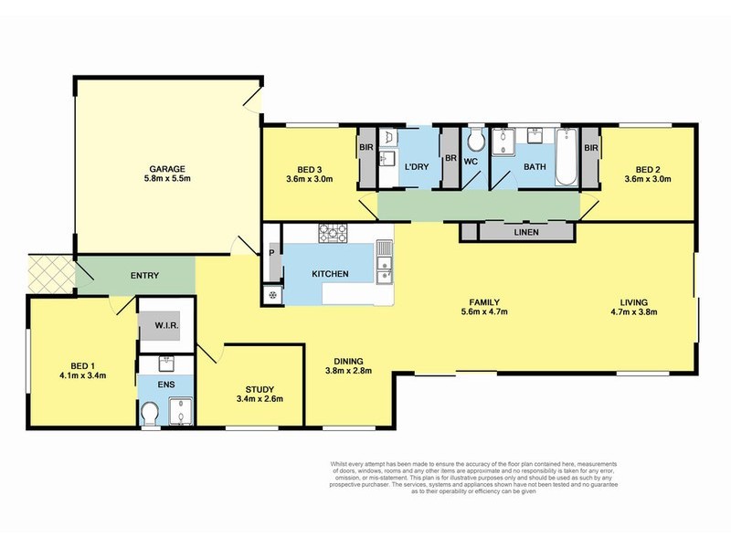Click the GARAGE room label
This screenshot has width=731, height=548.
(168, 168)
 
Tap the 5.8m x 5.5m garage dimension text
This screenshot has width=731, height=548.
(168, 179)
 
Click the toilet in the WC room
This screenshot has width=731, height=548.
(475, 142)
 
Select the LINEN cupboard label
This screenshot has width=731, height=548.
(526, 232)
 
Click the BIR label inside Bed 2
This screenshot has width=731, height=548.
(591, 148)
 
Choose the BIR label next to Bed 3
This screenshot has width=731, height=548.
(365, 148)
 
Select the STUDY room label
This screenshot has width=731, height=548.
(252, 387)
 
